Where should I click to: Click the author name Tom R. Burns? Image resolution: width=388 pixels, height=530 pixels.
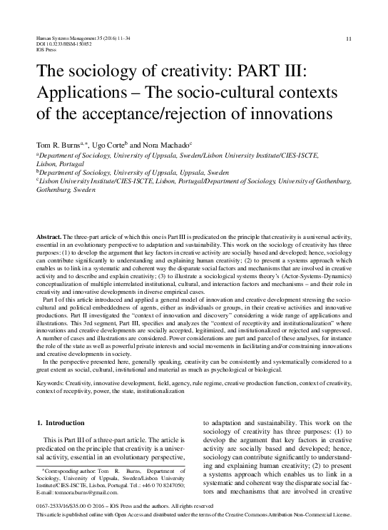[58, 143]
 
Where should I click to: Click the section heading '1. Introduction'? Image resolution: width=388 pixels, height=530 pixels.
[60, 424]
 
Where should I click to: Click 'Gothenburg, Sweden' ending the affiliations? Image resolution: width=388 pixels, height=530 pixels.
[65, 192]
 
